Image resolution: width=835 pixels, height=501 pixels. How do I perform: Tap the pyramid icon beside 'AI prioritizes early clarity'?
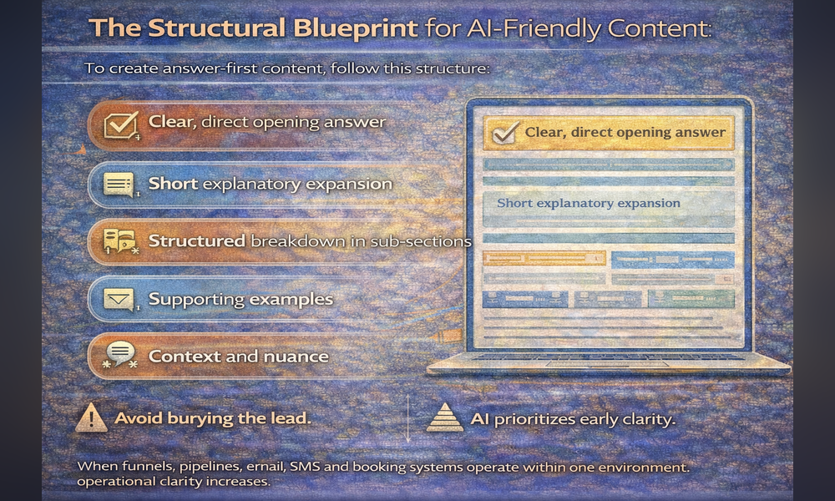point(444,417)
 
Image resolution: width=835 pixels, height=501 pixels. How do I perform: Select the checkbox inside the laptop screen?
point(504,133)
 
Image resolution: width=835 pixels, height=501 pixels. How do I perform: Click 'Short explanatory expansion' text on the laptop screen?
point(588,203)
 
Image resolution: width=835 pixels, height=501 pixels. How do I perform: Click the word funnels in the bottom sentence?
point(140,466)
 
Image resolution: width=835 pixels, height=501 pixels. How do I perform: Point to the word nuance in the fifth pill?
point(296,356)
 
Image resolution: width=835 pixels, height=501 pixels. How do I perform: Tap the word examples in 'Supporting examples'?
point(294,298)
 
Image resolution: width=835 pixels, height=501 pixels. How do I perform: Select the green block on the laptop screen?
point(691,299)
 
